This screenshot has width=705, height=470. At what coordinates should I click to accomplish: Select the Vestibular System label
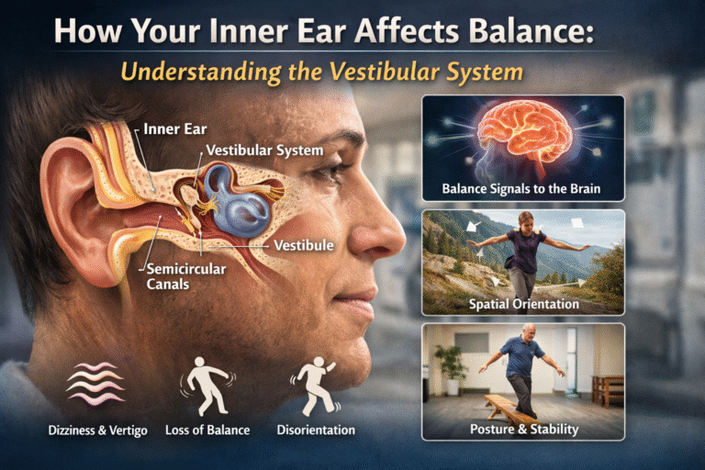tap(264, 150)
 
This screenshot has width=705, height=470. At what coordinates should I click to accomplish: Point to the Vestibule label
tap(303, 245)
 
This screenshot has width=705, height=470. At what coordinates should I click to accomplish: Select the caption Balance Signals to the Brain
tap(522, 191)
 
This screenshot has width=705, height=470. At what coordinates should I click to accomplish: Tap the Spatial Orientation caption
tap(522, 303)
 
